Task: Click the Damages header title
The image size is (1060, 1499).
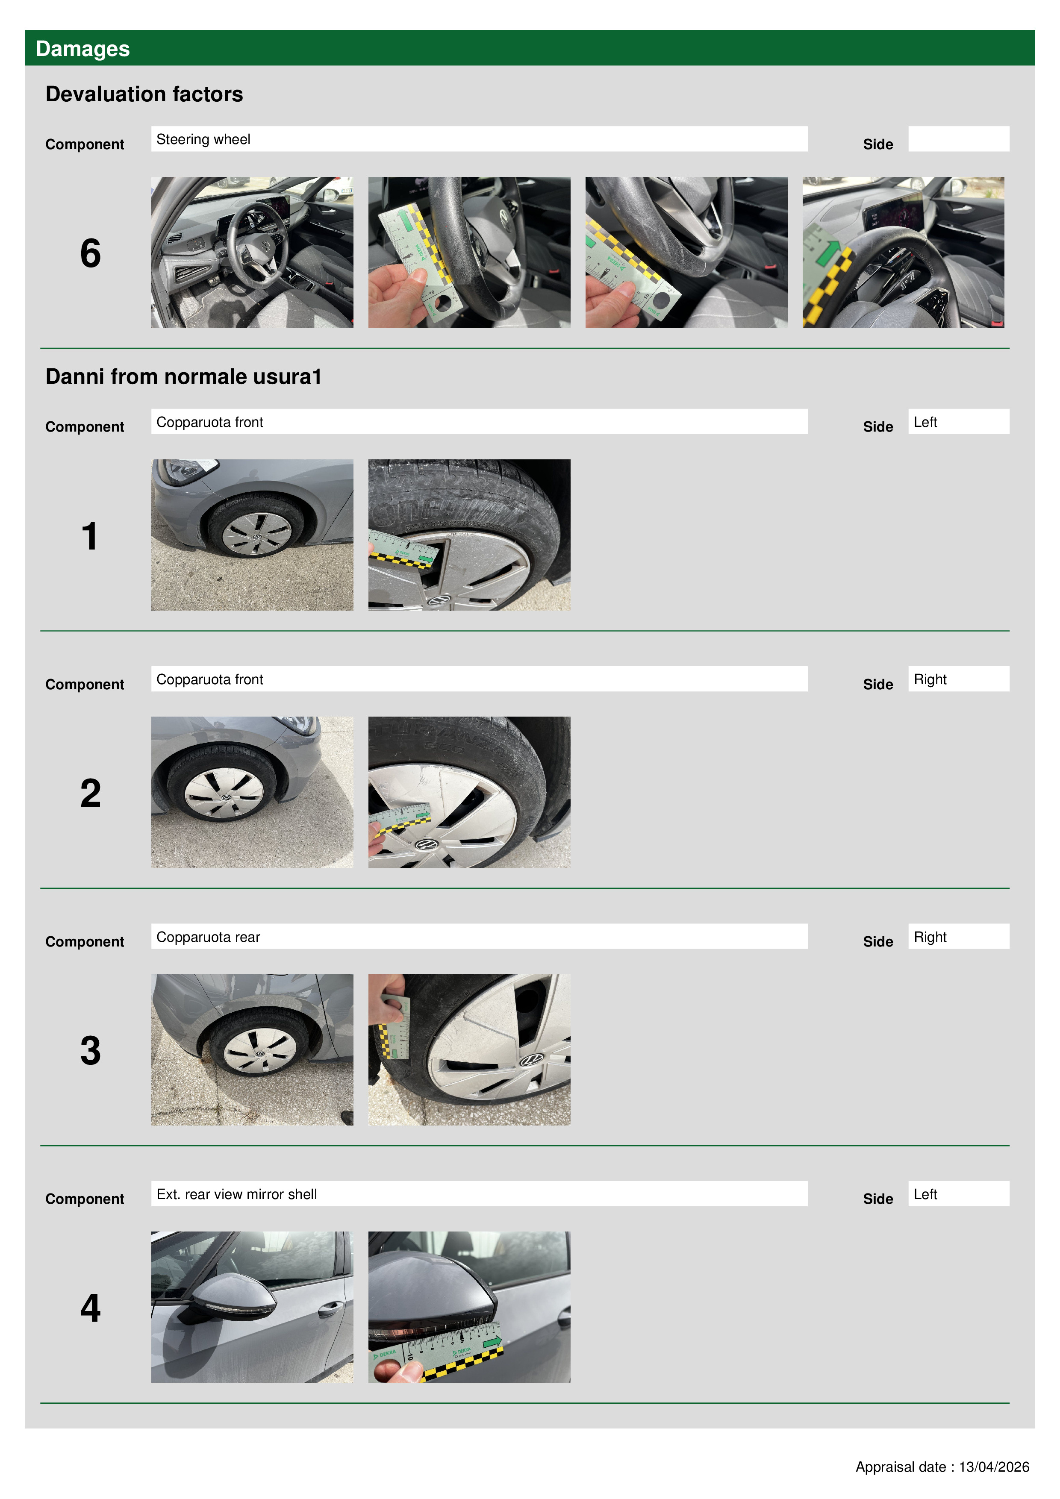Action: tap(82, 49)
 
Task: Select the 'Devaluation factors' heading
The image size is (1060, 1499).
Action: tap(144, 94)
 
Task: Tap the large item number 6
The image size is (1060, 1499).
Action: tap(91, 253)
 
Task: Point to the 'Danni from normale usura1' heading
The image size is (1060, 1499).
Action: tap(183, 377)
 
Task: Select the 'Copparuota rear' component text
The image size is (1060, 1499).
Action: tap(208, 938)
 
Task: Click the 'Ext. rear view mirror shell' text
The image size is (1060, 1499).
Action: tap(236, 1195)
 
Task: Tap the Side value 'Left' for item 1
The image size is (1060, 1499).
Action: tap(925, 423)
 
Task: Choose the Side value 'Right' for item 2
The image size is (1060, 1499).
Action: tap(930, 680)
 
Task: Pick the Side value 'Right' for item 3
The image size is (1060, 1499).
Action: tap(930, 938)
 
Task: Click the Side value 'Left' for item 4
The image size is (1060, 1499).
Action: tap(925, 1195)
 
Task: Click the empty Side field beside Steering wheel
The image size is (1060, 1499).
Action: tap(958, 139)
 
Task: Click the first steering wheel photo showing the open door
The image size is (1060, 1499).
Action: tap(252, 253)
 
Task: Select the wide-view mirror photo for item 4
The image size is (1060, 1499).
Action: tap(252, 1307)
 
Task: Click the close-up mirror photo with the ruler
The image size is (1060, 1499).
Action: tap(469, 1307)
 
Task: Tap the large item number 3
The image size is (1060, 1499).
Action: tap(91, 1051)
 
